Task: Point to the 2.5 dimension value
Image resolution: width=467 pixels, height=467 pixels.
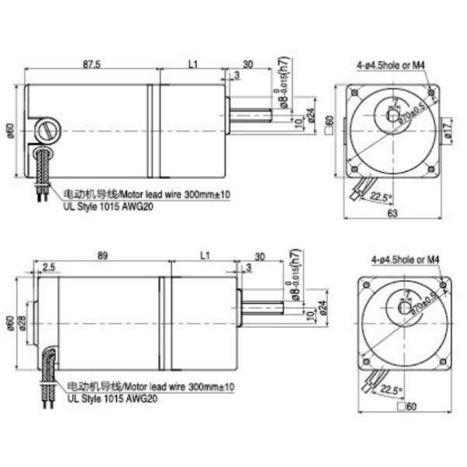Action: (x=49, y=268)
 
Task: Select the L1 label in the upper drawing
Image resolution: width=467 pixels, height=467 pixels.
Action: (x=194, y=65)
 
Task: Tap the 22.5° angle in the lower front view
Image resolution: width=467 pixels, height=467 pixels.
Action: (x=394, y=392)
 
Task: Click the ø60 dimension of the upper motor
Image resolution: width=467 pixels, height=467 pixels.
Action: (x=11, y=130)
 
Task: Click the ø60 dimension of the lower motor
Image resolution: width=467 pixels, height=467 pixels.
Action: (x=11, y=321)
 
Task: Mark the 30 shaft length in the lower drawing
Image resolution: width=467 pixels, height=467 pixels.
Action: (x=259, y=255)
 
